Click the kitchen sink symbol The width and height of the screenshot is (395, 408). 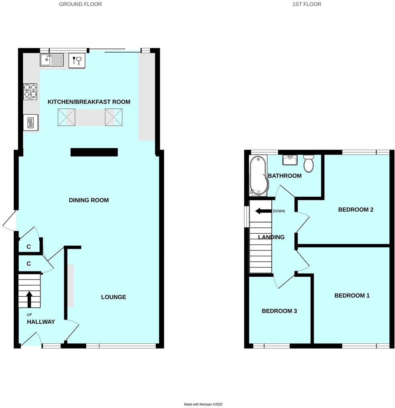[52, 60]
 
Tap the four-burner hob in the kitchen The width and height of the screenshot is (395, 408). [30, 91]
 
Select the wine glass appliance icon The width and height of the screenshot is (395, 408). [76, 61]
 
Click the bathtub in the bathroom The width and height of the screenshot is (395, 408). [256, 176]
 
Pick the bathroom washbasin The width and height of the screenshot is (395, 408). [289, 160]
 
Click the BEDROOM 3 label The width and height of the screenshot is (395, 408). [279, 311]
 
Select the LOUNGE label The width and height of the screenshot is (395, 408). [114, 297]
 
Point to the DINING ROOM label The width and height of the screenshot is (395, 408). [89, 200]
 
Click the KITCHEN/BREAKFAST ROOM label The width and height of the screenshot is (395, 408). [89, 102]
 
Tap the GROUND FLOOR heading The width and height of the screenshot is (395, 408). [80, 4]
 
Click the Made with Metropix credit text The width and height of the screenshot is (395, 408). [203, 404]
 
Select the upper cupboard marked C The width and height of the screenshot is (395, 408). [29, 247]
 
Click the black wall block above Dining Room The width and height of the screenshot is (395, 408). [94, 152]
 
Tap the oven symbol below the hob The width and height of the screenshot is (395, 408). [31, 122]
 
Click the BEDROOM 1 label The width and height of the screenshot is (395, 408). [352, 296]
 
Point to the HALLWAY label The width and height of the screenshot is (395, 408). [41, 322]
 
